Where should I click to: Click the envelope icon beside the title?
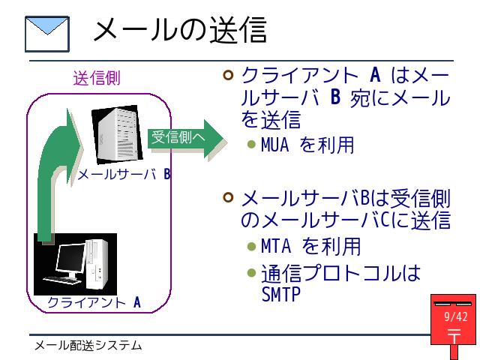47,34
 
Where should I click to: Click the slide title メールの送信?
180,30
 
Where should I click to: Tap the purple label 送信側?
97,78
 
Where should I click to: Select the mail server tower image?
117,135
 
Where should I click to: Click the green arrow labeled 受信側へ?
187,139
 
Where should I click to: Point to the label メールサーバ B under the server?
124,174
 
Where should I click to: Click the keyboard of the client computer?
62,280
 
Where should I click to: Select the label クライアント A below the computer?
94,302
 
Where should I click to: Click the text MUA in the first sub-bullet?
274,145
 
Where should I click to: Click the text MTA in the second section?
275,246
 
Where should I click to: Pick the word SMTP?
280,294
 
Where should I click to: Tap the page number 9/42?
456,316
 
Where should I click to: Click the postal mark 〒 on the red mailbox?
454,336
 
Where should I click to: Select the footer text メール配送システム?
88,346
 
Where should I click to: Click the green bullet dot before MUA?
251,144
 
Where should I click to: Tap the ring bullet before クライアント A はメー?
228,75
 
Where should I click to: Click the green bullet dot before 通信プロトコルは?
251,273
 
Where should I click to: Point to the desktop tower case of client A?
97,265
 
